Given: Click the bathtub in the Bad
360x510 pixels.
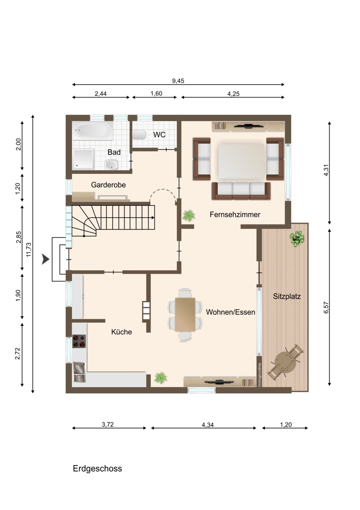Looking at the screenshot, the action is tap(93, 131).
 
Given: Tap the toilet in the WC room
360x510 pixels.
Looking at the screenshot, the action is tap(140, 134).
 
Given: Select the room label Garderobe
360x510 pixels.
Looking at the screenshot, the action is tap(108, 185).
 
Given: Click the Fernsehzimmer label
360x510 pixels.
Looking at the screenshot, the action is tap(235, 214).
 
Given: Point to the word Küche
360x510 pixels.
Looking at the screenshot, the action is tap(122, 332).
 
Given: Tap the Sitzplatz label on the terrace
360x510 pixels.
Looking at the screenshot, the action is tap(287, 296).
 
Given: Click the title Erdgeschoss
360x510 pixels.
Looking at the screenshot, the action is tap(97, 468).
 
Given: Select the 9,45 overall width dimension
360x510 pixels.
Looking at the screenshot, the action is tap(178, 81).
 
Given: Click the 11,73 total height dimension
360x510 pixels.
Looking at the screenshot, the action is tap(29, 249).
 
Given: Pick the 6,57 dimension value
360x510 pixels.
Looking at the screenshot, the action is tap(326, 308).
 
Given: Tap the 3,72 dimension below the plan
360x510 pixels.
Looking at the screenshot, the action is tap(108, 424).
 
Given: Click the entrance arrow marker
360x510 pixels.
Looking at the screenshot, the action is tap(45, 259).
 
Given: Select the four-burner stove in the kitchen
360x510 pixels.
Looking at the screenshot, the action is tap(79, 341).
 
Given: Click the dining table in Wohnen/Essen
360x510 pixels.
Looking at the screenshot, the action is tap(185, 315).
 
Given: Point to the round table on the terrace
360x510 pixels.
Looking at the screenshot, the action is tap(286, 362).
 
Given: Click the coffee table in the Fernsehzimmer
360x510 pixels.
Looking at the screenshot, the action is tap(241, 161).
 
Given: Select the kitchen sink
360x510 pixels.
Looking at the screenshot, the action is tap(79, 372).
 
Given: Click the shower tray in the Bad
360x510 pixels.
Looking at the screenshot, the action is tap(83, 159).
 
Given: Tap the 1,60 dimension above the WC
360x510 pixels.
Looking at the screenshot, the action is tap(157, 93).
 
